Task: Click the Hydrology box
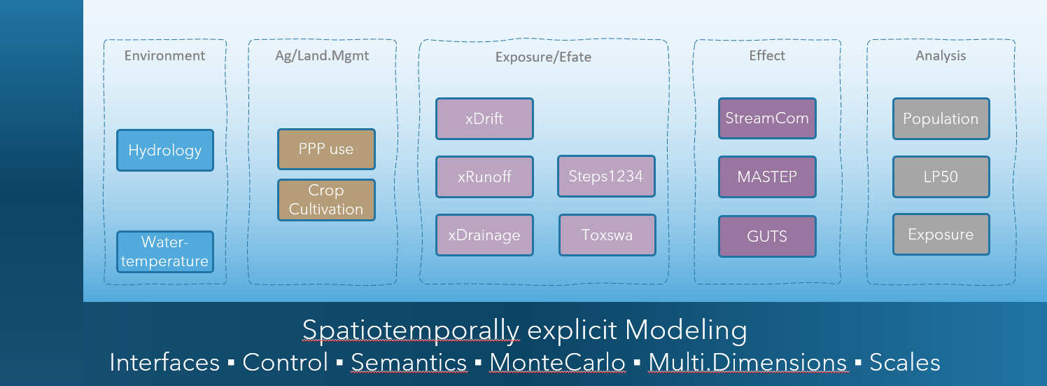coord(165,150)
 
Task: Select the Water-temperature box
coord(165,252)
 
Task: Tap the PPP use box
coord(326,149)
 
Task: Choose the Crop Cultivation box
coord(326,200)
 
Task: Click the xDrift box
coord(484,118)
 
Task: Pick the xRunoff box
coord(484,177)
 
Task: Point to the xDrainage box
coord(484,235)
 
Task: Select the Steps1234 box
coord(606,176)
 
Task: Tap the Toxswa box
coord(607,235)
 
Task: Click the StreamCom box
coord(767,118)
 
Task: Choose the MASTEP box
coord(767,177)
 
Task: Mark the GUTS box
coord(767,236)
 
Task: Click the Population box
coord(941,118)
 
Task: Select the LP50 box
coord(941,177)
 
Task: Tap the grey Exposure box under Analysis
coord(941,235)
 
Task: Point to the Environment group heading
coord(165,55)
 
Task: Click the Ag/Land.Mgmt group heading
coord(322,55)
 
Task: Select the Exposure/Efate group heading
coord(543,57)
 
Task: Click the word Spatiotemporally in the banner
coord(411,330)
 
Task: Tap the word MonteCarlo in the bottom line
coord(557,362)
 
